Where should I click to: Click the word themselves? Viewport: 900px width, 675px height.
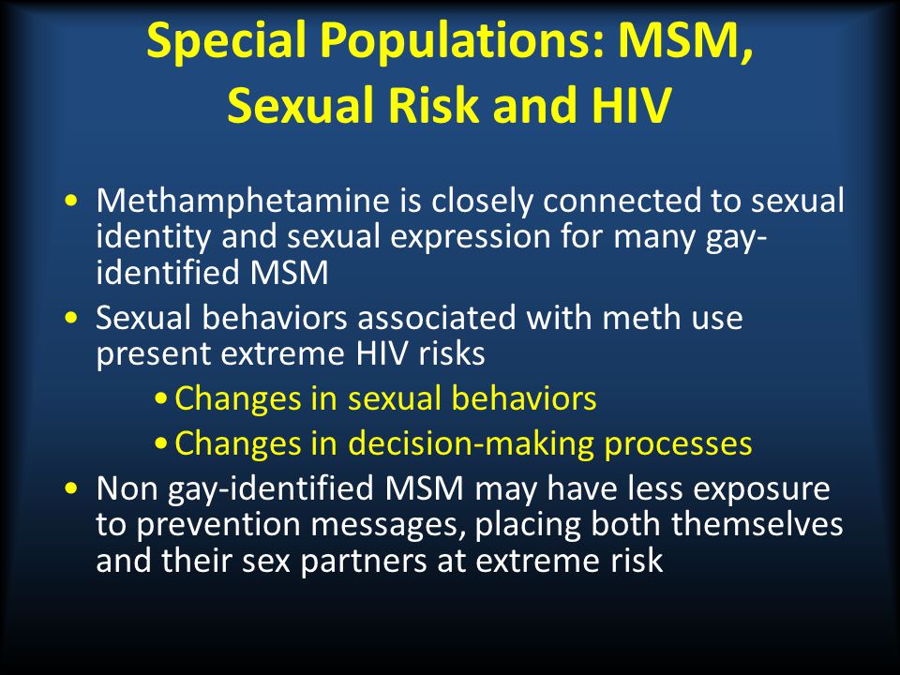click(x=757, y=525)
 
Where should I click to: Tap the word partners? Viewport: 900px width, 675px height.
click(x=364, y=562)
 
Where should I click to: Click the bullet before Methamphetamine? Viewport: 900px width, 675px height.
click(x=71, y=202)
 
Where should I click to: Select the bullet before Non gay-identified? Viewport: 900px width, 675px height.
click(x=71, y=489)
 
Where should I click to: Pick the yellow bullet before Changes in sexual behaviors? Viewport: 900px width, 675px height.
click(x=162, y=398)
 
